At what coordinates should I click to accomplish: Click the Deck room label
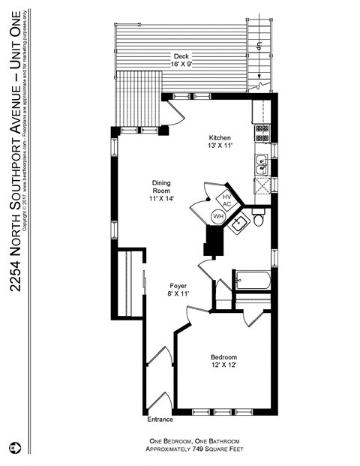tap(181, 56)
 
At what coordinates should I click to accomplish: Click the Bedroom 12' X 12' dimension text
tap(223, 365)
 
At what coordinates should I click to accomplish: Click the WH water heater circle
tap(218, 216)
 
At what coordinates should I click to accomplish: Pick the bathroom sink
tap(241, 222)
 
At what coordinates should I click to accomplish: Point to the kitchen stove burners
tap(262, 133)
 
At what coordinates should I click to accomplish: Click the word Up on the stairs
tap(259, 45)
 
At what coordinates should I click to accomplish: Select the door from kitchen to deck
tap(173, 112)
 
